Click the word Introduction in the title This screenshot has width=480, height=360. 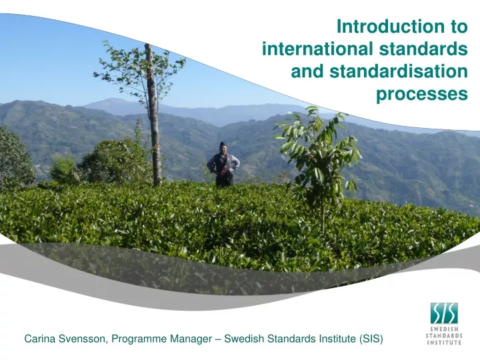point(391,26)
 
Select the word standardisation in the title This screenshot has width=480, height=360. point(399,71)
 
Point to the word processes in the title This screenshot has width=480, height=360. point(422,94)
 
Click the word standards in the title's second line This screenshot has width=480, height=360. point(423,49)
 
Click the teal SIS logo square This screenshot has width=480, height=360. point(444,313)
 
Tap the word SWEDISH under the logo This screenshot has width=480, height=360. point(444,329)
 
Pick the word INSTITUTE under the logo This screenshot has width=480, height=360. point(444,342)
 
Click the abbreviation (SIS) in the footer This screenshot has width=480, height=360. point(371,339)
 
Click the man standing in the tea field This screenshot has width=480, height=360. point(224,165)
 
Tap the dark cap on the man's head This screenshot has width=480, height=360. point(223,144)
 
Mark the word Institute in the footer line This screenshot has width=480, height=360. point(337,339)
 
